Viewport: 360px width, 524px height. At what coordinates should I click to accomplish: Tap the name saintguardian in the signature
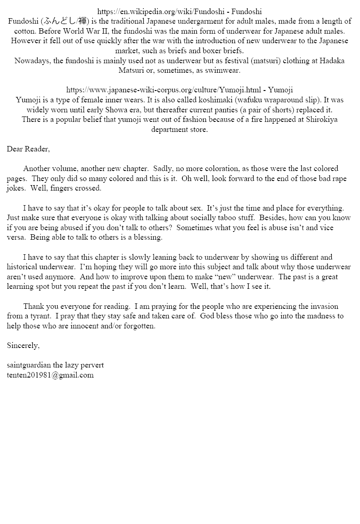point(28,365)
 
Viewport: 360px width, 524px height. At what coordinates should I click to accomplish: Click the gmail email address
point(50,375)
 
